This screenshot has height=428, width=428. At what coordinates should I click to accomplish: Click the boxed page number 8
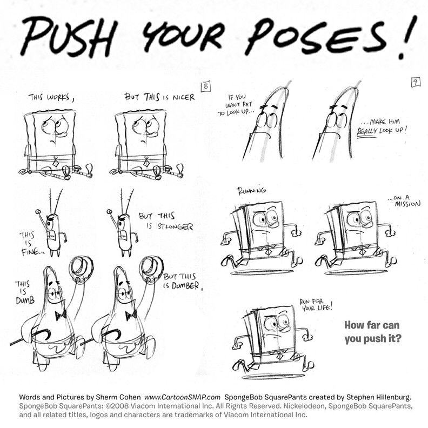[x=206, y=86]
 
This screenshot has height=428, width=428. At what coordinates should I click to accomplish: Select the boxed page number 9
[x=416, y=82]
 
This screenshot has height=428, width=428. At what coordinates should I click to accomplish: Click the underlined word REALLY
[x=367, y=131]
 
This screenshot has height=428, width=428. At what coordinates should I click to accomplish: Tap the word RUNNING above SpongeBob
[x=252, y=190]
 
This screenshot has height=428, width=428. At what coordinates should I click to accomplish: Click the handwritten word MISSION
[x=408, y=204]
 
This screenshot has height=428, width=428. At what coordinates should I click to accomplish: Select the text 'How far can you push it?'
[x=372, y=332]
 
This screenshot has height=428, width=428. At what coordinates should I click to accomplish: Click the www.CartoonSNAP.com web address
[x=182, y=397]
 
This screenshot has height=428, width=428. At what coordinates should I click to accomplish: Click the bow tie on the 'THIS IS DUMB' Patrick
[x=61, y=315]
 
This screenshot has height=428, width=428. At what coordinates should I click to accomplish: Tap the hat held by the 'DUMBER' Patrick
[x=151, y=269]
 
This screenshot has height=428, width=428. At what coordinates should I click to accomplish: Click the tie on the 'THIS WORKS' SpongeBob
[x=56, y=162]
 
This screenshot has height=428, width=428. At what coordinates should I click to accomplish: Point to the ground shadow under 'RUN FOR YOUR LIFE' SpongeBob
[x=273, y=376]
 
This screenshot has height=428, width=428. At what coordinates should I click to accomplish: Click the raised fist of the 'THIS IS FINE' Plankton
[x=38, y=211]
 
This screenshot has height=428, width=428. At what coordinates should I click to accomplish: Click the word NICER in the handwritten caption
[x=184, y=97]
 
